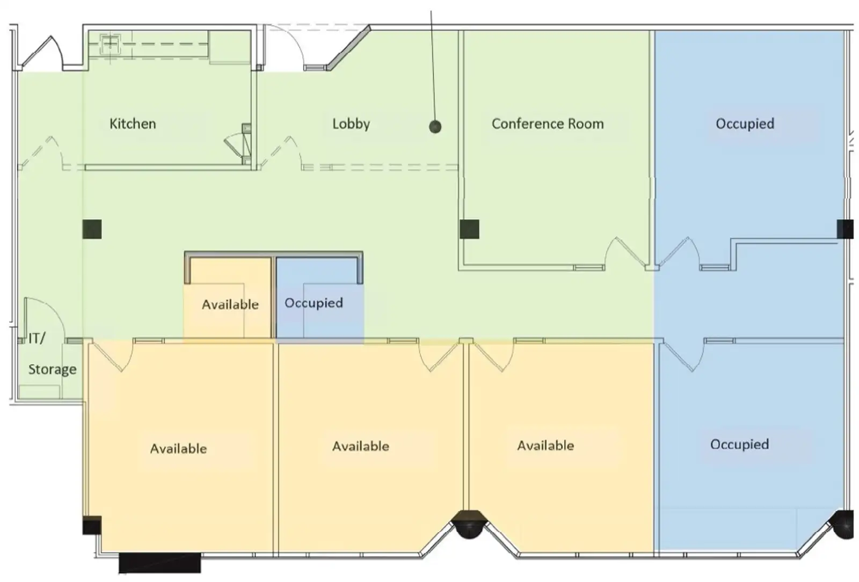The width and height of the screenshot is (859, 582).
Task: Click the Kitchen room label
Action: (x=133, y=124)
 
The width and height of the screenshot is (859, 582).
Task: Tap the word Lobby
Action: (x=351, y=124)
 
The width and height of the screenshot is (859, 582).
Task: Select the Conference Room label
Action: (x=548, y=124)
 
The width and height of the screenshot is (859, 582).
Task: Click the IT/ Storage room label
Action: (x=52, y=354)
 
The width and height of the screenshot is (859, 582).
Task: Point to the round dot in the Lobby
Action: (x=435, y=127)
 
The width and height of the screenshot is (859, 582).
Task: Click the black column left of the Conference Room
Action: (x=469, y=229)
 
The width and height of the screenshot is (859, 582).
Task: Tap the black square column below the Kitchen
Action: (x=92, y=229)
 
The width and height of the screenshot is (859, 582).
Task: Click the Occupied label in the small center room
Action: (x=314, y=303)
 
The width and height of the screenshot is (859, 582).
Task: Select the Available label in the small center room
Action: (x=230, y=304)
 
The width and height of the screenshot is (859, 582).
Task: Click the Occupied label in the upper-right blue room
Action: (x=745, y=124)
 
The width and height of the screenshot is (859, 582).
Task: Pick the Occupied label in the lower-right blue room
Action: (x=739, y=445)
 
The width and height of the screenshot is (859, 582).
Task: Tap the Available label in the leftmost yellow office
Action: (x=178, y=448)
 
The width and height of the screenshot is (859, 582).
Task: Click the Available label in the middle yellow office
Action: (x=360, y=446)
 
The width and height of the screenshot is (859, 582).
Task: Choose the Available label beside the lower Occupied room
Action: (x=545, y=445)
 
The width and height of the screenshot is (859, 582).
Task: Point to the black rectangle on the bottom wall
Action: (x=159, y=563)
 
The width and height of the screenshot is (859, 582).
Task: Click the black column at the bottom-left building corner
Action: (x=92, y=525)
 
